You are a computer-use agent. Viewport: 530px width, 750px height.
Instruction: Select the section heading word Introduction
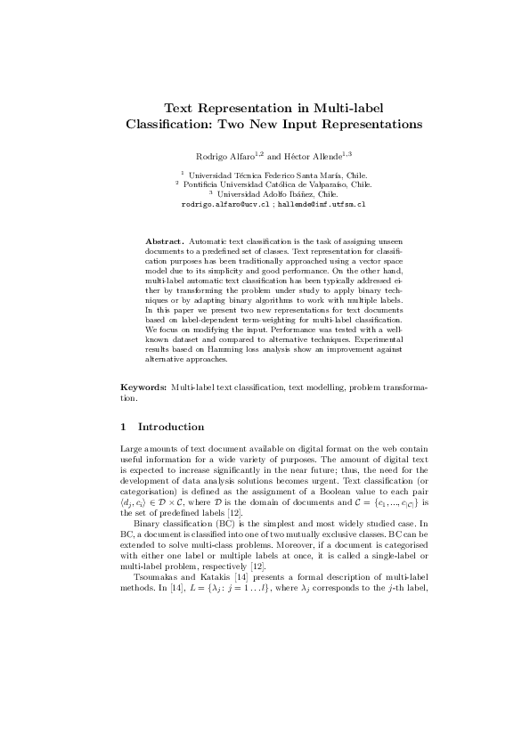[x=172, y=427]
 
